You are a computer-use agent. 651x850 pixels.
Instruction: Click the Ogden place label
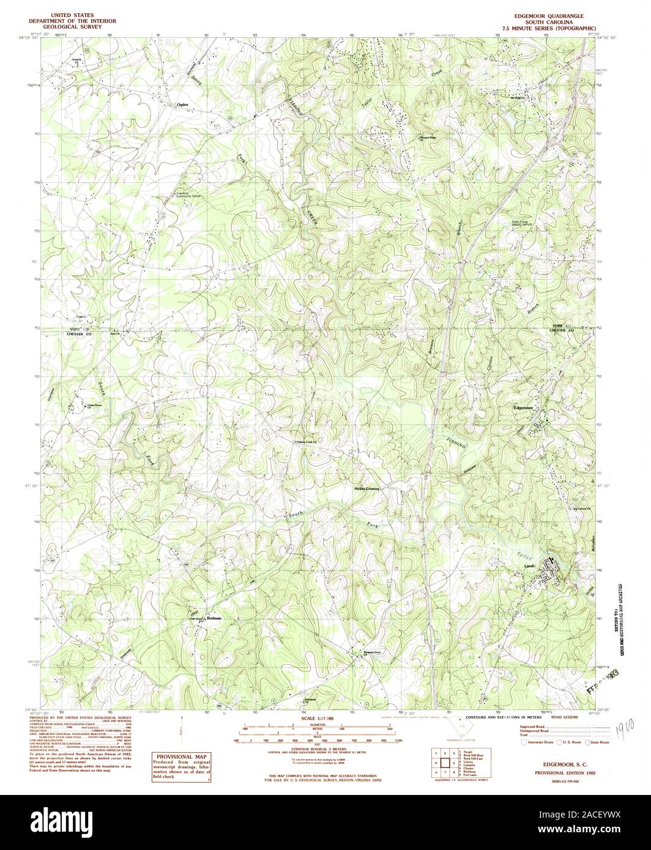[182, 105]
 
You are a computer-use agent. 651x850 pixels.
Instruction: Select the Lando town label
[530, 566]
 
